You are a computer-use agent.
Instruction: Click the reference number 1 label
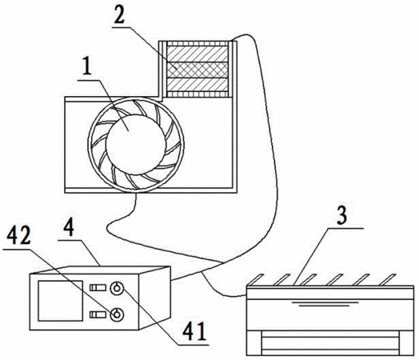coord(86,66)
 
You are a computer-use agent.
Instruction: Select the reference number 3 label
coord(341,215)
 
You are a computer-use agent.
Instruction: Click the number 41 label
coord(194,330)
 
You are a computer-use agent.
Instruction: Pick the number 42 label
coord(18,236)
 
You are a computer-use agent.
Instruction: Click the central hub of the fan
coord(135,145)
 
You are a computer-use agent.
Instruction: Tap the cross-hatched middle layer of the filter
coord(198,70)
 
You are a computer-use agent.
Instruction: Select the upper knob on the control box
coord(117,288)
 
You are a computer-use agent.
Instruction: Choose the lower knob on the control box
coord(117,314)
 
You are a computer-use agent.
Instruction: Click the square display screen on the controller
coord(60,301)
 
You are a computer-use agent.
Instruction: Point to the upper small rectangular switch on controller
coord(98,288)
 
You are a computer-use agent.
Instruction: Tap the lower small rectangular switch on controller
coord(98,314)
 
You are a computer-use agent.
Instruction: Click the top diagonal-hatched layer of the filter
coord(198,54)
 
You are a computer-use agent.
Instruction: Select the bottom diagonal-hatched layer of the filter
coord(198,85)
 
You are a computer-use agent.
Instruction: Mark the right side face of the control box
coord(154,298)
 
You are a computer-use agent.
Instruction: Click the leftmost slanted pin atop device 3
coord(256,279)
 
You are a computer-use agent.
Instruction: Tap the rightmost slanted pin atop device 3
coord(388,279)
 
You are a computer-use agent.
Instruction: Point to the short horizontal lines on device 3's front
coord(325,304)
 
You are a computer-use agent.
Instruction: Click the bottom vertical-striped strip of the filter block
coord(198,94)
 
